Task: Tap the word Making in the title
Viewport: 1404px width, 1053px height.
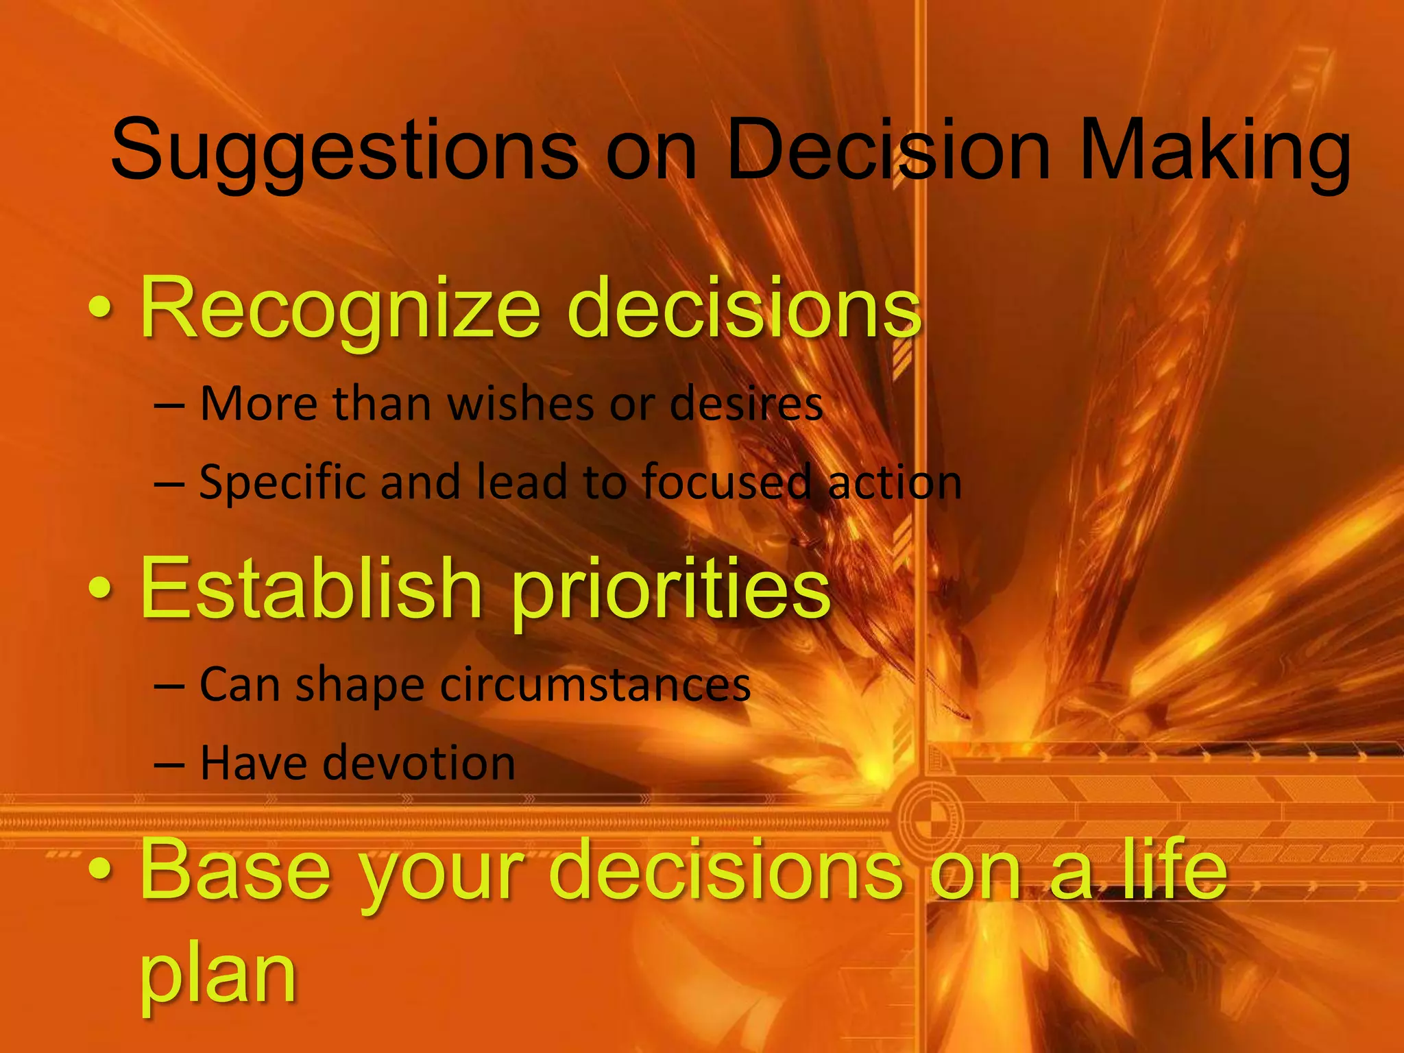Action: (x=1213, y=152)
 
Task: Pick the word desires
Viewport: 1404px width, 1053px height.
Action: (x=746, y=404)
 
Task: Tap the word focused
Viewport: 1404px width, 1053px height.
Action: (x=727, y=482)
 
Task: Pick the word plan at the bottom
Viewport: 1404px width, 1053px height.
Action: (x=218, y=977)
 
